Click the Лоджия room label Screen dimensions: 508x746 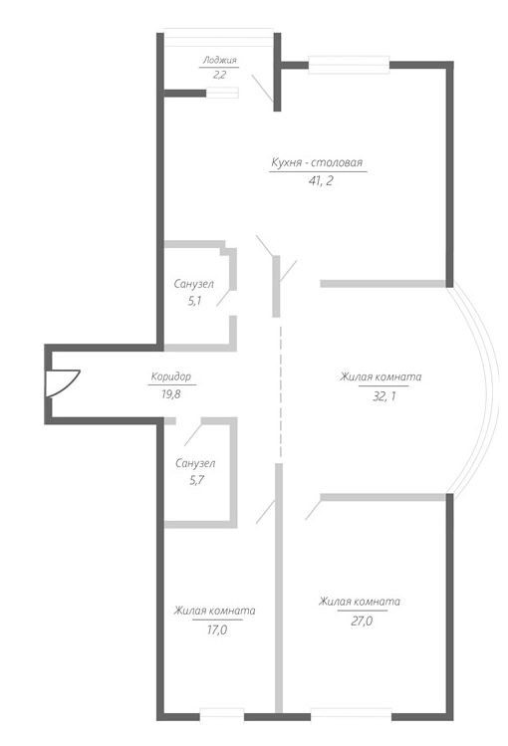pyautogui.click(x=219, y=61)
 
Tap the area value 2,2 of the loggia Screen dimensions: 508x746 pyautogui.click(x=219, y=75)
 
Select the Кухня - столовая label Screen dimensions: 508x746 pyautogui.click(x=317, y=162)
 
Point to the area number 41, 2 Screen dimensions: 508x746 pyautogui.click(x=320, y=181)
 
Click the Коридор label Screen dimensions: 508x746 pyautogui.click(x=170, y=376)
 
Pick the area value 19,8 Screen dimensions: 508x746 pyautogui.click(x=170, y=394)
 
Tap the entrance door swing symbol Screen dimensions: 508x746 pyautogui.click(x=63, y=383)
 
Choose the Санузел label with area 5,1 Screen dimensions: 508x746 pyautogui.click(x=193, y=284)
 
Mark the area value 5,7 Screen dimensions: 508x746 pyautogui.click(x=196, y=480)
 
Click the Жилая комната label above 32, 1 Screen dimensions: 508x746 pyautogui.click(x=381, y=376)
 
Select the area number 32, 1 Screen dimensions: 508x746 pyautogui.click(x=383, y=395)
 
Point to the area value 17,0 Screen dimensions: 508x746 pyautogui.click(x=216, y=629)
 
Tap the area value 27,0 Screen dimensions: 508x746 pyautogui.click(x=362, y=621)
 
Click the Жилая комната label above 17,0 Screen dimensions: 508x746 pyautogui.click(x=214, y=611)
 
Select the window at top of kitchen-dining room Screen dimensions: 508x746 pyautogui.click(x=350, y=65)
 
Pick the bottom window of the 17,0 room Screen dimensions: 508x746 pyautogui.click(x=222, y=716)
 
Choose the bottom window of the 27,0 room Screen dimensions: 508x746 pyautogui.click(x=351, y=716)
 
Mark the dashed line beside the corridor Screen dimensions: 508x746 pyautogui.click(x=280, y=391)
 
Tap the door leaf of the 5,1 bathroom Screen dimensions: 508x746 pyautogui.click(x=224, y=298)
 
